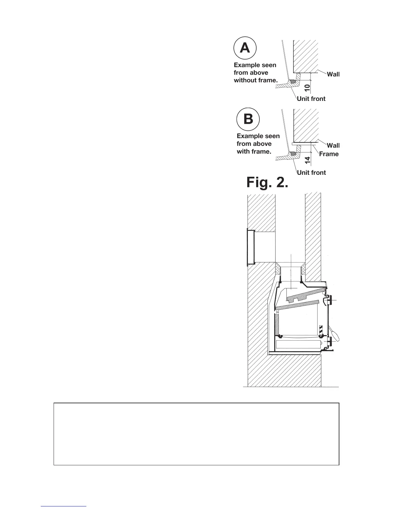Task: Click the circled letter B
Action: pos(248,119)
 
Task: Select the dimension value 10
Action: pos(307,86)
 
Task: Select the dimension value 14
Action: pos(307,159)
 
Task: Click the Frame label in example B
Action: pos(329,154)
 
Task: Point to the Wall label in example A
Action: pos(333,75)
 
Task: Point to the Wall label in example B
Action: pos(333,146)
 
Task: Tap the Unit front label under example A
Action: pos(311,99)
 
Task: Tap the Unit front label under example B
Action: pos(311,173)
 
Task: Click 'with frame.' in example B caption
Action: pos(254,152)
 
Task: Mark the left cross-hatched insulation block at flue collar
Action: pos(278,268)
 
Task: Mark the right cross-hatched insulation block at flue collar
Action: pos(303,268)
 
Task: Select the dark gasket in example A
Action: pos(293,82)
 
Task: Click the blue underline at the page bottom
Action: pos(64,506)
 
